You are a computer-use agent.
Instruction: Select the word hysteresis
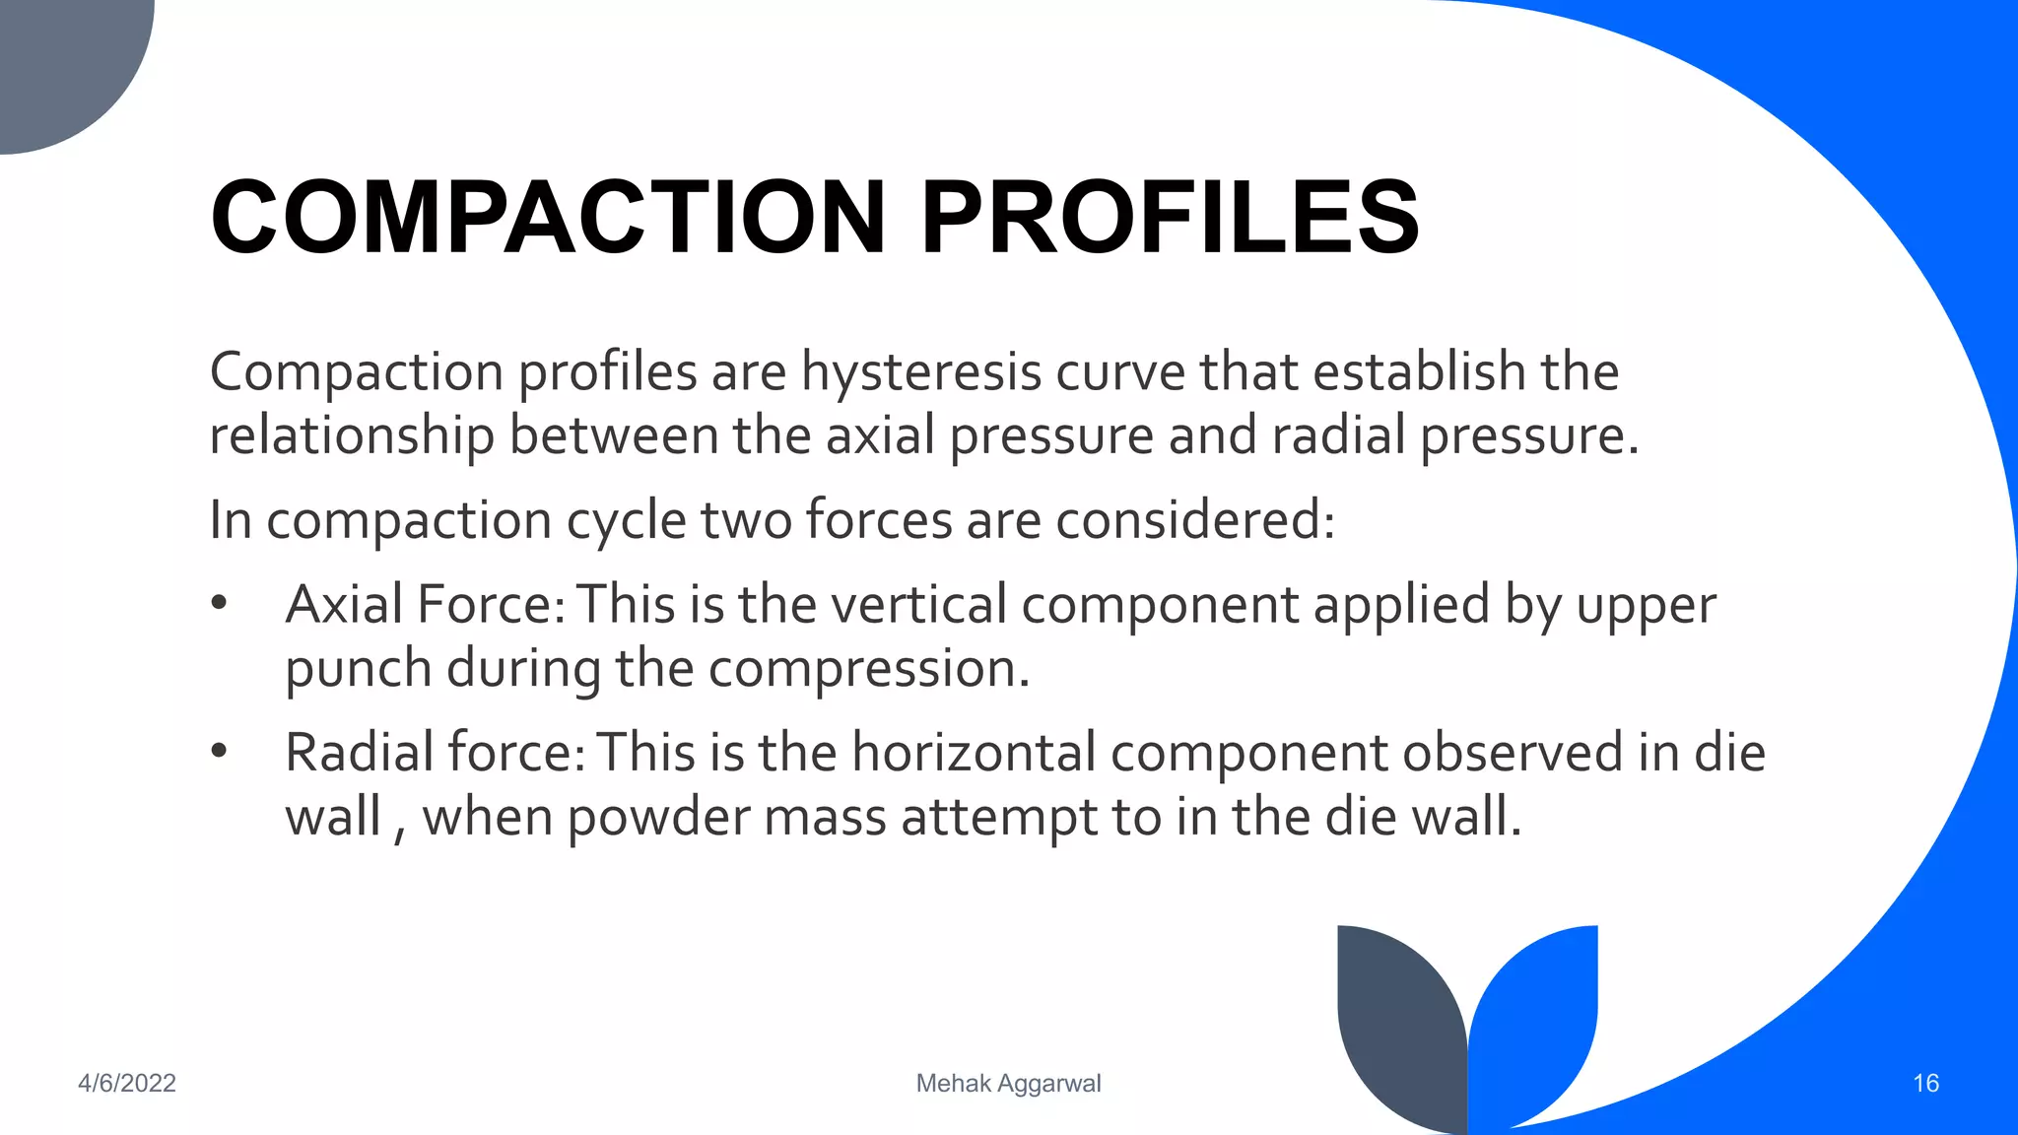(x=920, y=373)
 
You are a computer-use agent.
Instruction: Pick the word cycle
(x=626, y=520)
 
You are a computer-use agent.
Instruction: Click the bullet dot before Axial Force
(x=219, y=602)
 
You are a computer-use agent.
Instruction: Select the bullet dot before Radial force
(x=219, y=751)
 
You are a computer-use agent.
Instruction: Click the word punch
(x=359, y=670)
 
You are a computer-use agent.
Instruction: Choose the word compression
(x=868, y=670)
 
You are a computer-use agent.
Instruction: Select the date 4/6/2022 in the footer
(x=127, y=1084)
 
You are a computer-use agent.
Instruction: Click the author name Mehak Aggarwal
(x=1008, y=1084)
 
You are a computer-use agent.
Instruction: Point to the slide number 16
(x=1925, y=1084)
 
